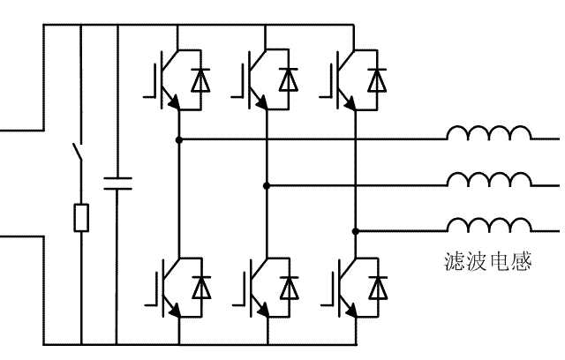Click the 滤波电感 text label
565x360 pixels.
click(488, 262)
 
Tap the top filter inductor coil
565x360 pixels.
click(489, 134)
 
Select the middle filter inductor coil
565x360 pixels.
click(489, 179)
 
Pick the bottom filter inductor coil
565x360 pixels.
click(489, 223)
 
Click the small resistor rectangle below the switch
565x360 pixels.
click(80, 217)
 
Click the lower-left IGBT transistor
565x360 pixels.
click(162, 287)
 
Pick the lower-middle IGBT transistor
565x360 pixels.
click(250, 287)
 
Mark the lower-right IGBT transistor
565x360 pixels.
click(338, 287)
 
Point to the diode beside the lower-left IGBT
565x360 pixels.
click(201, 287)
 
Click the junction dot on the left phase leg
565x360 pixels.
click(178, 139)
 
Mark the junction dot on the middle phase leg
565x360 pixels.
click(267, 184)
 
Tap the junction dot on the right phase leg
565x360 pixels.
click(355, 229)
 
